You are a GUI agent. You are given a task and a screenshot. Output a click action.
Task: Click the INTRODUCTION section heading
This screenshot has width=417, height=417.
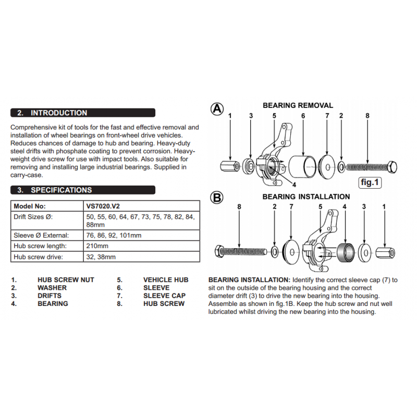tap(59, 113)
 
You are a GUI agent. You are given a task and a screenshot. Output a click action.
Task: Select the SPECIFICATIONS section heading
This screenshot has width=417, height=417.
tap(61, 190)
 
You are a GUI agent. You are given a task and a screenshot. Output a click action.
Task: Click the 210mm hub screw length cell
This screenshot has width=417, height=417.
tap(97, 246)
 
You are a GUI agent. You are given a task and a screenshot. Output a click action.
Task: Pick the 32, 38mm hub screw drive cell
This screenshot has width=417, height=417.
tap(101, 257)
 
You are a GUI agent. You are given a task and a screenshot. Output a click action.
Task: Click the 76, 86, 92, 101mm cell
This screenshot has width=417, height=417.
tap(114, 236)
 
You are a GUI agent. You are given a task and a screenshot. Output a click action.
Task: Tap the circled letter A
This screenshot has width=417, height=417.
tap(217, 108)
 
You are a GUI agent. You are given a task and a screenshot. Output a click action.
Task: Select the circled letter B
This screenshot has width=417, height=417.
tap(217, 198)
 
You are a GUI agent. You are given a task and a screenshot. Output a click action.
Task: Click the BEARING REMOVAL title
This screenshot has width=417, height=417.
tap(298, 105)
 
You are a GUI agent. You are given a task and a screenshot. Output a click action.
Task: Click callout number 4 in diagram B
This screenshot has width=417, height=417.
tap(344, 207)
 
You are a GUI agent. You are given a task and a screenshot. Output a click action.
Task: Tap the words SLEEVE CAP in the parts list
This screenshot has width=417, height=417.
tap(164, 296)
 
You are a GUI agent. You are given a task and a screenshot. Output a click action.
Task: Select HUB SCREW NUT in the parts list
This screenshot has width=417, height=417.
tap(66, 280)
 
